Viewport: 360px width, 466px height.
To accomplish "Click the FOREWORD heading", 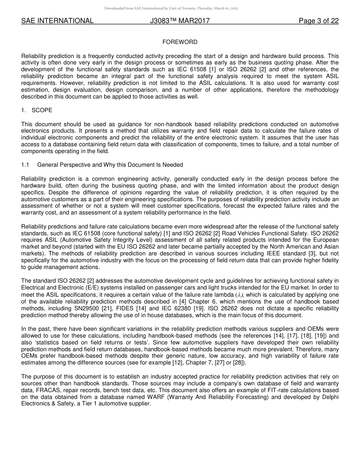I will [180, 42].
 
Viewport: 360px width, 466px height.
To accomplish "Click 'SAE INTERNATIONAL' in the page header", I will [57, 21].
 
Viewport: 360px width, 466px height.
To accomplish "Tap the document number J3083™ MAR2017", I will [180, 21].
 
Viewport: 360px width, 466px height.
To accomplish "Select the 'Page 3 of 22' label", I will [318, 21].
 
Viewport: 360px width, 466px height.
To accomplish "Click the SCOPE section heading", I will [42, 110].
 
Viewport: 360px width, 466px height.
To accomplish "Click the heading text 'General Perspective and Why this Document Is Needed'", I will [110, 165].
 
